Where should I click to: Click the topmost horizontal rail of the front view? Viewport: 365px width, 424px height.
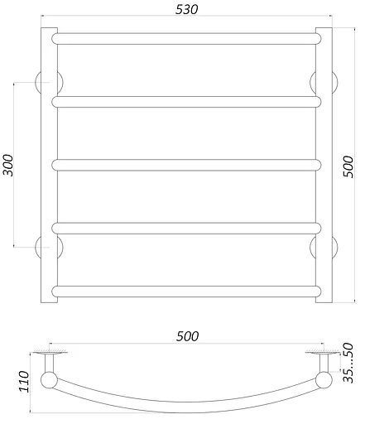click(x=186, y=38)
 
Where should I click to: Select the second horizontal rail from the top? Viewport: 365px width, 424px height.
click(x=186, y=101)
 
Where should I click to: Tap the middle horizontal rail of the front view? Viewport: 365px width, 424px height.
click(x=186, y=164)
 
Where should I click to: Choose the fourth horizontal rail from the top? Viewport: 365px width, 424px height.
click(x=186, y=227)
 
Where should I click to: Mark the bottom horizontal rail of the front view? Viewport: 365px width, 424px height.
click(x=186, y=290)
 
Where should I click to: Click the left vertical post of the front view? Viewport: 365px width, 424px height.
click(x=48, y=166)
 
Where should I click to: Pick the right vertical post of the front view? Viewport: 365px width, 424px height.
click(x=324, y=166)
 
